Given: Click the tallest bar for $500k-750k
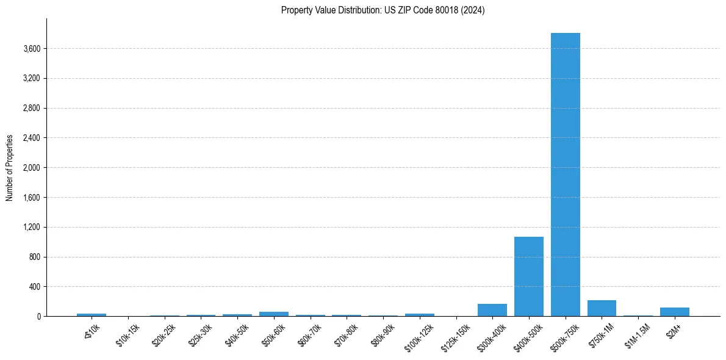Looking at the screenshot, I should click(565, 175).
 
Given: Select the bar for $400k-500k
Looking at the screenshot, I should click(528, 276).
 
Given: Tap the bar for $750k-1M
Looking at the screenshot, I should click(602, 308).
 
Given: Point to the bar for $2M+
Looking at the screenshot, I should click(674, 312).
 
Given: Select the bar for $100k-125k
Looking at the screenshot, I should click(420, 315).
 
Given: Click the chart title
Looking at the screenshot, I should click(383, 10).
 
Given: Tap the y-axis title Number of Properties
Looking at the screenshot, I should click(10, 168).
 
